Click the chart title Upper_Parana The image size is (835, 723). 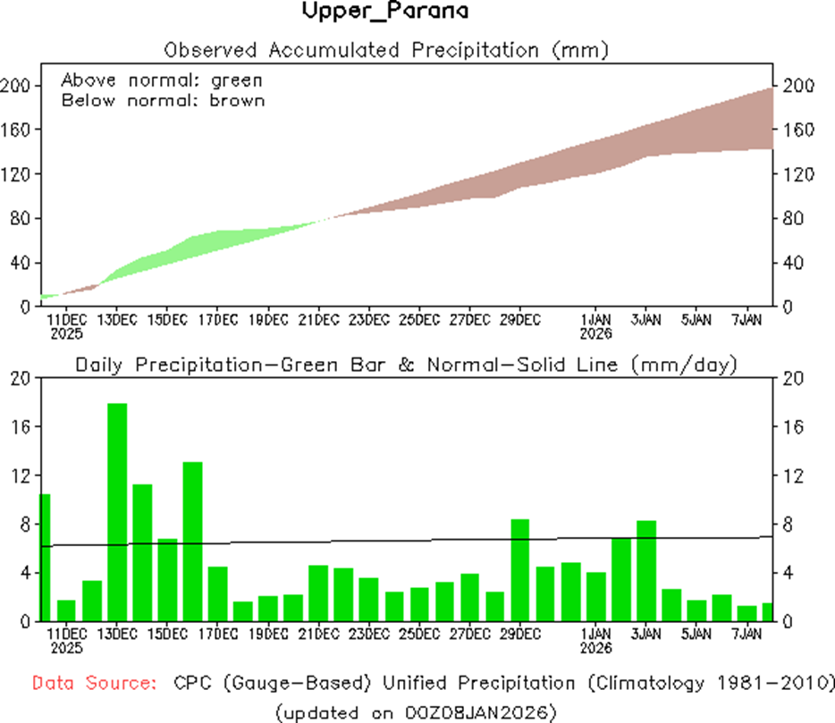tap(384, 12)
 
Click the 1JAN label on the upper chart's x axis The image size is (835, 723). tap(595, 319)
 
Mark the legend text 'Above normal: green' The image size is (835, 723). tap(161, 80)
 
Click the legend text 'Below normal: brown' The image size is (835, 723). tap(163, 100)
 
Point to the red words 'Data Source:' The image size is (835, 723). tap(94, 684)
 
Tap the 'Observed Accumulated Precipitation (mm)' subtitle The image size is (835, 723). tap(386, 49)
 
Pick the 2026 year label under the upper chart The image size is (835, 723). tap(595, 334)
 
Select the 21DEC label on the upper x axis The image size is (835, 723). tap(319, 319)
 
